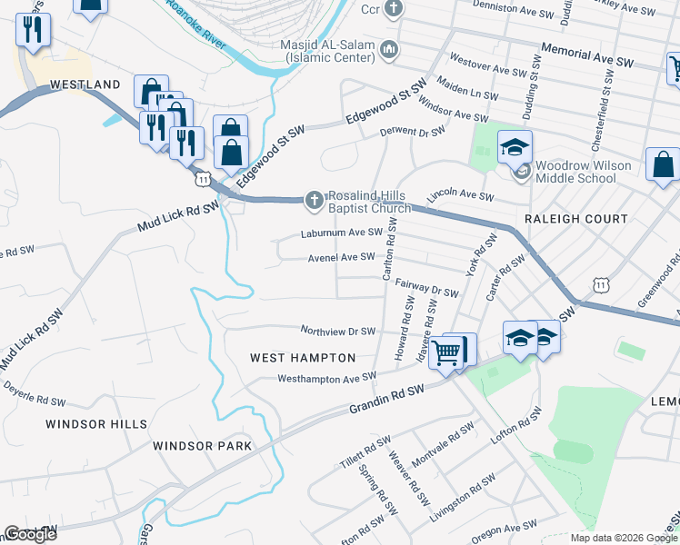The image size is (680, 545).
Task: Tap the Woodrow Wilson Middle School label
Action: tap(575, 172)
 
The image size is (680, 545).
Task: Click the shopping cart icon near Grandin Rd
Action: tap(445, 352)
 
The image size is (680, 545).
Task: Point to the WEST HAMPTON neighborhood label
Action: tap(303, 358)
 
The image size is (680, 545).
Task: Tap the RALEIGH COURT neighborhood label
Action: tap(575, 219)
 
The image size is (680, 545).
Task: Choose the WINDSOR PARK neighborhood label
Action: tap(202, 446)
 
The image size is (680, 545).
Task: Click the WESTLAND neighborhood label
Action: tap(85, 84)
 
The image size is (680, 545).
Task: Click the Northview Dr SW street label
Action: tap(337, 331)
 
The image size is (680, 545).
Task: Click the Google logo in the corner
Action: tap(29, 534)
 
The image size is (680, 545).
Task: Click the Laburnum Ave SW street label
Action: tap(342, 233)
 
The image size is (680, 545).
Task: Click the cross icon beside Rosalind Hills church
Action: tap(314, 200)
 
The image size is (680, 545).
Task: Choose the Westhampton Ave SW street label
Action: tap(326, 377)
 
